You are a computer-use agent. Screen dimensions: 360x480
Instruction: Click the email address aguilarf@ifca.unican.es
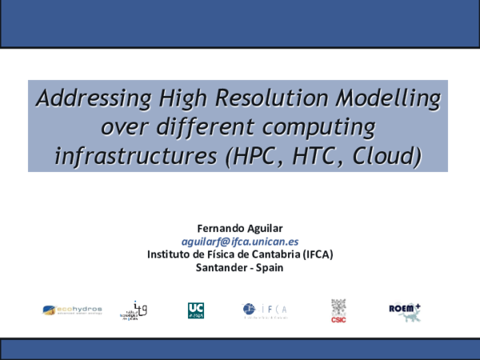coord(240,241)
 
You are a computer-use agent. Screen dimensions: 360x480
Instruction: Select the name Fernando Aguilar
coord(240,227)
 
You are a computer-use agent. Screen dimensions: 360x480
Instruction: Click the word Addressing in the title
coord(84,99)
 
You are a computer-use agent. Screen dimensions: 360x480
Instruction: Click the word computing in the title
coord(321,127)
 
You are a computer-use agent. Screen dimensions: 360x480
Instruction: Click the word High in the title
coord(162,99)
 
